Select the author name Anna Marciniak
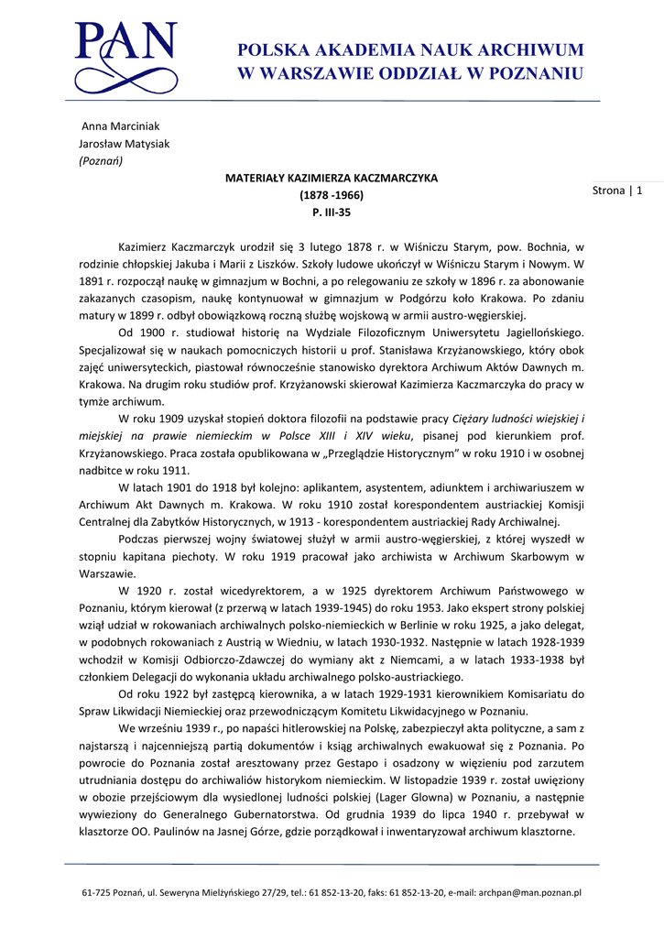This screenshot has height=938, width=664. [x=121, y=125]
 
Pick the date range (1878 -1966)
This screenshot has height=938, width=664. [x=332, y=195]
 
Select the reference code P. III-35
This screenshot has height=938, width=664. [x=332, y=213]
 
